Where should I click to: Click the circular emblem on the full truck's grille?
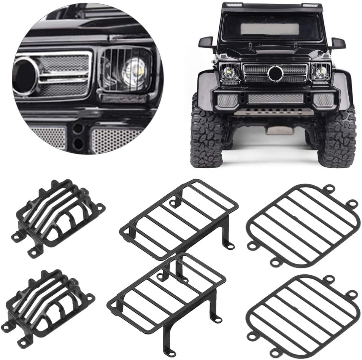pyautogui.click(x=275, y=73)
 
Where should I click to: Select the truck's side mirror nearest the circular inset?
pyautogui.click(x=206, y=42)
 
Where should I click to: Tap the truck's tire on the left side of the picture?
pyautogui.click(x=206, y=139)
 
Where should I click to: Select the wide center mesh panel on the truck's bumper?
pyautogui.click(x=276, y=99)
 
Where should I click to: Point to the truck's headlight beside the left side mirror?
pyautogui.click(x=230, y=72)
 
